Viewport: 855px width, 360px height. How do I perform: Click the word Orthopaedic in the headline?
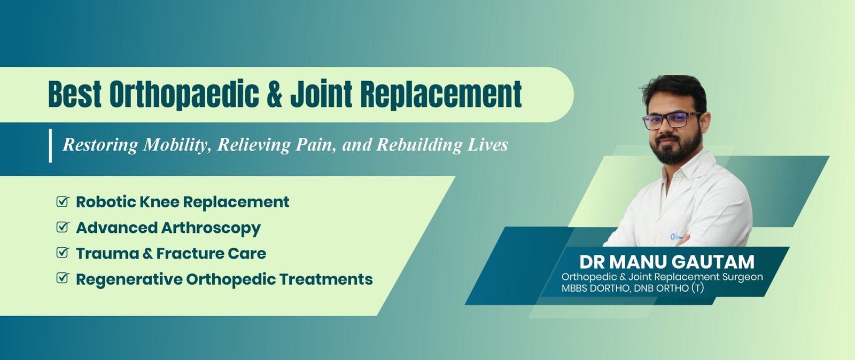(x=184, y=95)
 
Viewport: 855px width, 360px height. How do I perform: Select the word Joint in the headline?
(x=321, y=93)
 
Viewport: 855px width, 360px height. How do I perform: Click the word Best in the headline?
(x=75, y=94)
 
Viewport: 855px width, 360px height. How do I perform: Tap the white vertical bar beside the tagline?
(x=50, y=146)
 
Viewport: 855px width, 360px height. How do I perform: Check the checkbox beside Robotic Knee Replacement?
(x=63, y=201)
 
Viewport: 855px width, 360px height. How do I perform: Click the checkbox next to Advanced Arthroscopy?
(x=63, y=227)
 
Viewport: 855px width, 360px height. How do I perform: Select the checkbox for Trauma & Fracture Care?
(x=63, y=253)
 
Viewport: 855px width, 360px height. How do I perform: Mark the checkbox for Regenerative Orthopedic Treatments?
(x=63, y=278)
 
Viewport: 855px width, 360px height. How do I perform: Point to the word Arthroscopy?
(x=211, y=228)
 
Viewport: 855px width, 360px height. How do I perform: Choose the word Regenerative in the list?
(x=129, y=279)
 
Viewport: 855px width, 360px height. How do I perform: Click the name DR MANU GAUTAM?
(x=667, y=262)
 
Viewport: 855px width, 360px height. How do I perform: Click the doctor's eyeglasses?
(x=672, y=121)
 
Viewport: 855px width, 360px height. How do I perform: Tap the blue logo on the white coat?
(x=673, y=237)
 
